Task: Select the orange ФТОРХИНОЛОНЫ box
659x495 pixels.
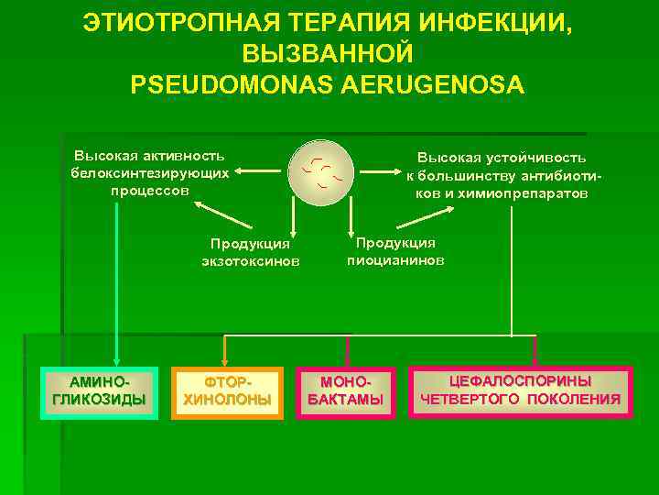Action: point(228,391)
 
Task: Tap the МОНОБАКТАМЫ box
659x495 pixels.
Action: point(346,391)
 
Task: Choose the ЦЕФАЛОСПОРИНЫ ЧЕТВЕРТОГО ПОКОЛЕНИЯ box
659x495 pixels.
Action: point(520,391)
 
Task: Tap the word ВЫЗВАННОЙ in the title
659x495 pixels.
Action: point(329,53)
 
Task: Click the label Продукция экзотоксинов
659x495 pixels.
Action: point(250,252)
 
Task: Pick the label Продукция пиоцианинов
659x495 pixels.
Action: point(395,251)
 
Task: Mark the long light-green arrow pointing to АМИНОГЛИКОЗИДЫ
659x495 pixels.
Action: point(115,275)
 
